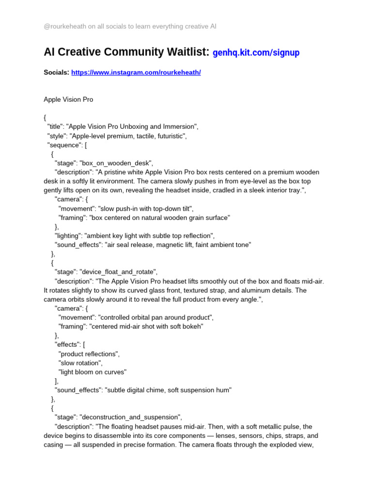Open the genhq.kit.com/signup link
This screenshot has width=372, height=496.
click(x=256, y=52)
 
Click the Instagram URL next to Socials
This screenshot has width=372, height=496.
click(x=136, y=73)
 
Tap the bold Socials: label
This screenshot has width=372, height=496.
click(x=56, y=73)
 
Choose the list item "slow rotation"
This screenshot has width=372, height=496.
click(x=80, y=363)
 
